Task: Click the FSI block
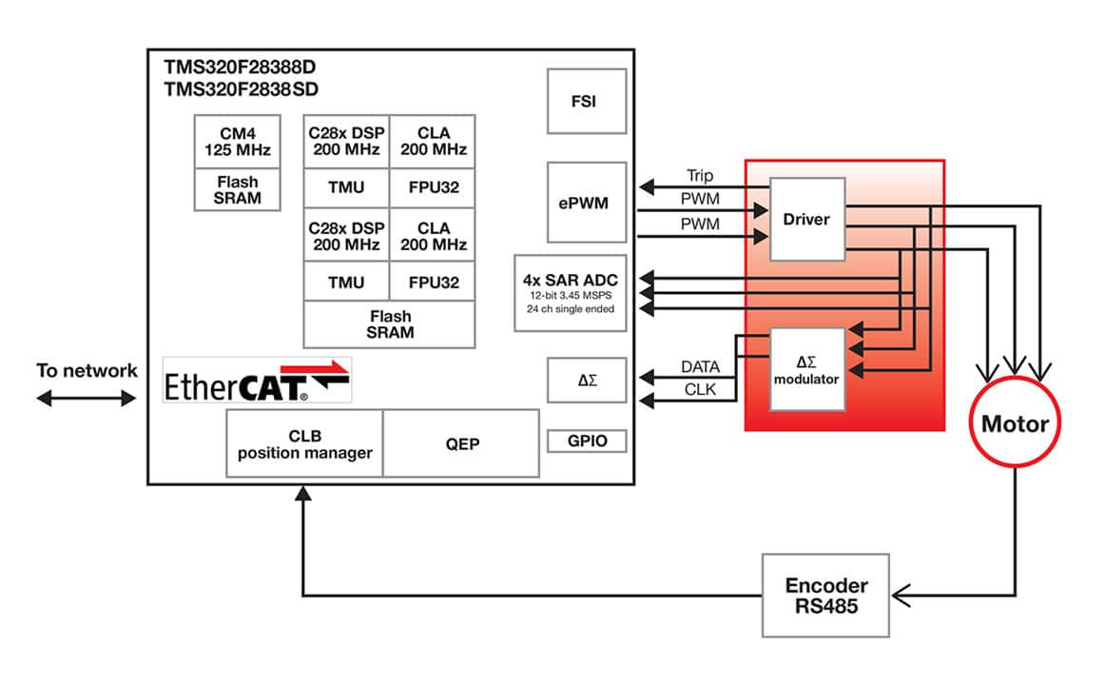(587, 101)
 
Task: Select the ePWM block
(587, 202)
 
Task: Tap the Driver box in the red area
(806, 219)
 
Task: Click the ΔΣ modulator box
(806, 369)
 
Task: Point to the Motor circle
(1015, 424)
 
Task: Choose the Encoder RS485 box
(825, 595)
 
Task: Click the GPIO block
(587, 440)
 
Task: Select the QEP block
(461, 443)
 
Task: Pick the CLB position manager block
(304, 443)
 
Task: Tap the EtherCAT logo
(258, 380)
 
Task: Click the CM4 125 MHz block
(238, 142)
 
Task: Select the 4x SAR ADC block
(571, 292)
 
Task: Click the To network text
(87, 370)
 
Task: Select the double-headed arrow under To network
(87, 399)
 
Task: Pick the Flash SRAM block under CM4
(238, 189)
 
